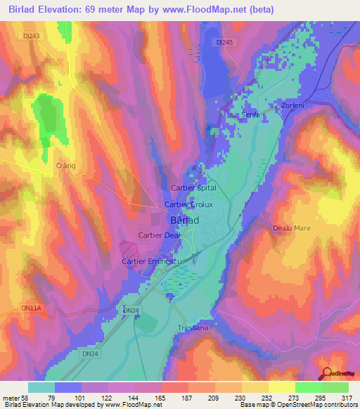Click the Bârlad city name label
point(185,220)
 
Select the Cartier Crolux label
point(188,204)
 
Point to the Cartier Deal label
point(160,235)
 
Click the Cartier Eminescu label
point(152,261)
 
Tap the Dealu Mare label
point(291,228)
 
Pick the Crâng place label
point(65,166)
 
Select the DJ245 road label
point(224,42)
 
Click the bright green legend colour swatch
point(309,387)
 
